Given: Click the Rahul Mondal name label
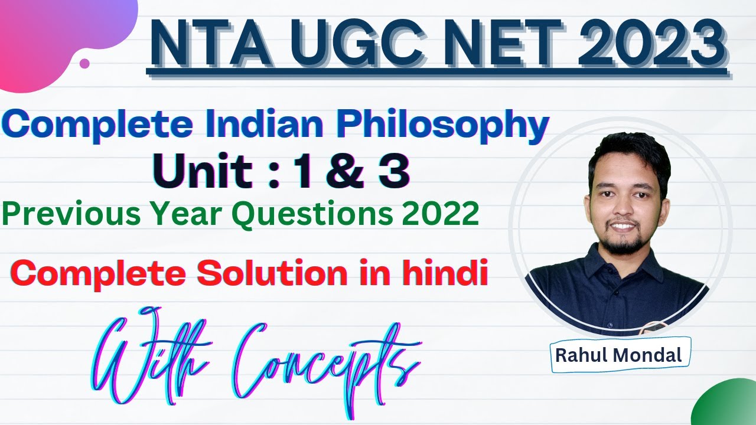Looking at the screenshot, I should tap(620, 355).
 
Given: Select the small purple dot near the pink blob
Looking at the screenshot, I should tap(84, 63).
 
